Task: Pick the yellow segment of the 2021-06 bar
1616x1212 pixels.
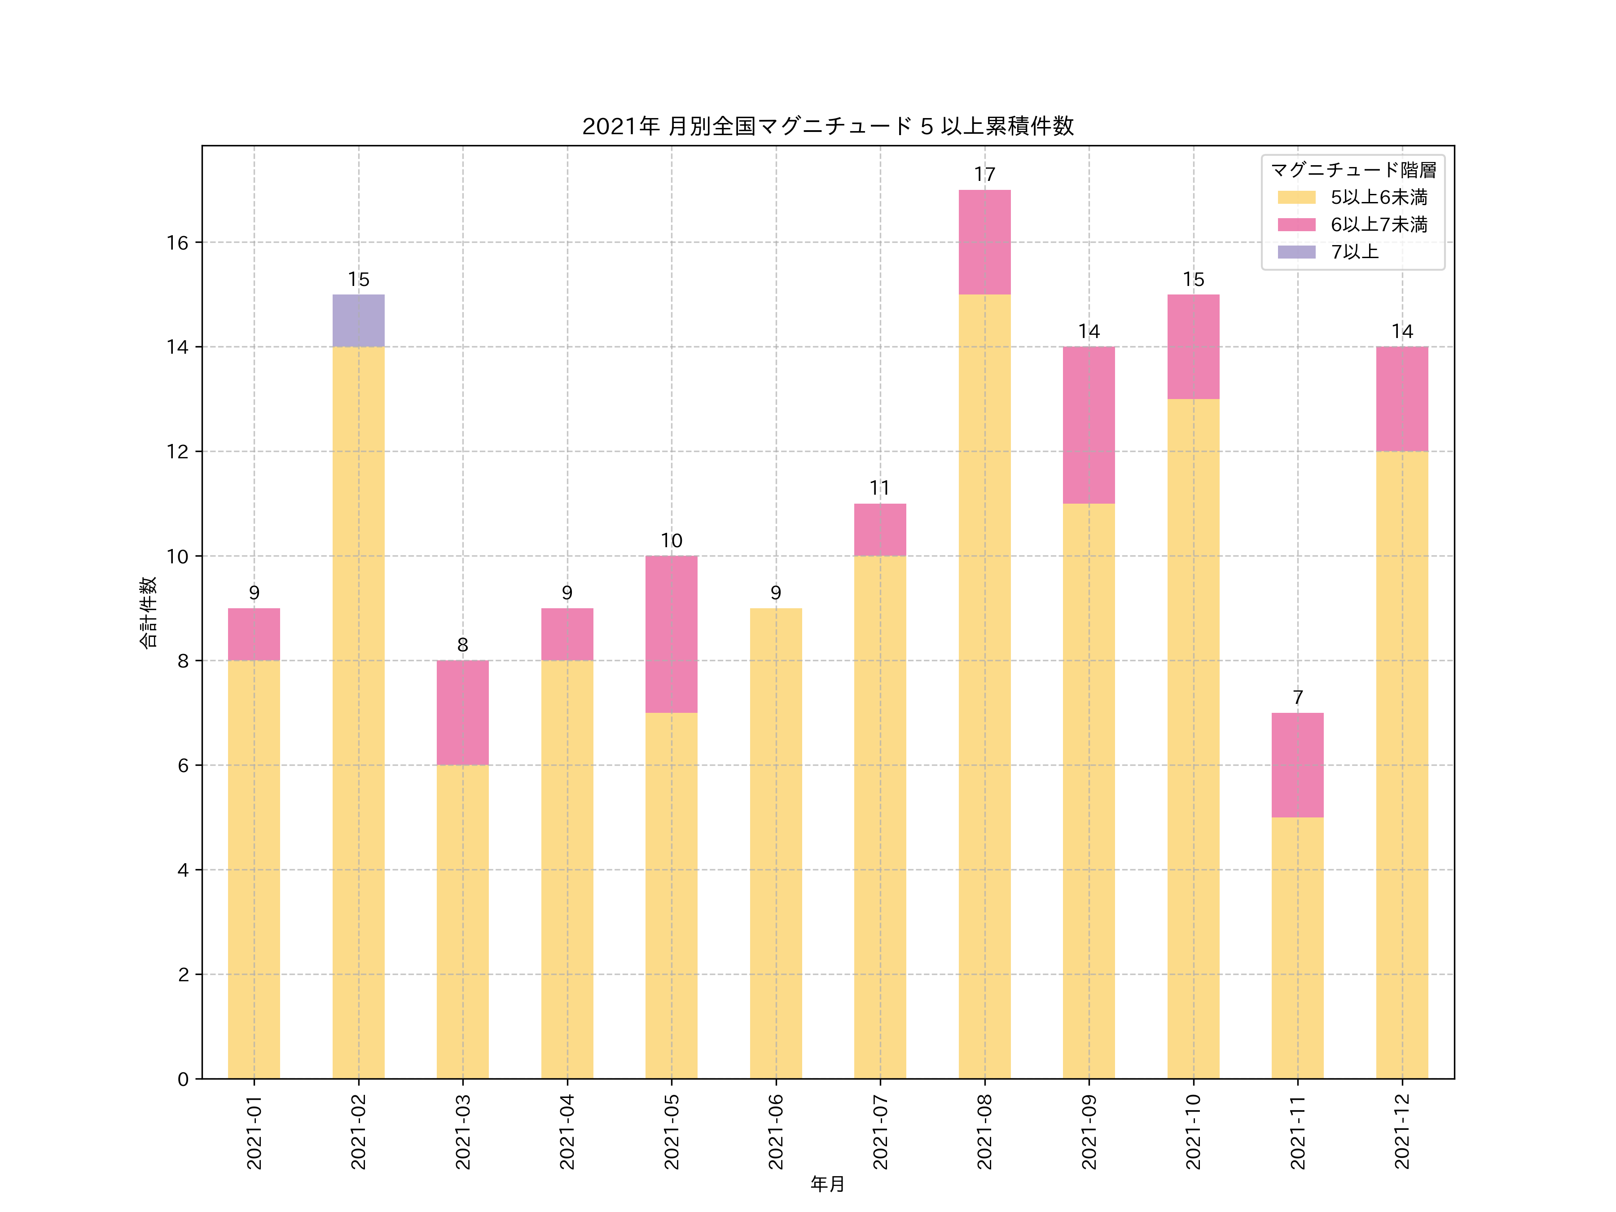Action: coord(775,843)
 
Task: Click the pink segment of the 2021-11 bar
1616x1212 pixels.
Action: coord(1297,765)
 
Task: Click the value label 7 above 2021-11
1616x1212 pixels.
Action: coord(1297,697)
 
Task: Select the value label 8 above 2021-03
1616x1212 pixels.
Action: coord(462,645)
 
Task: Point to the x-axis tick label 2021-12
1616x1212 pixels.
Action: coord(1401,1131)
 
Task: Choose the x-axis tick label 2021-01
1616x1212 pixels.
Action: coord(254,1131)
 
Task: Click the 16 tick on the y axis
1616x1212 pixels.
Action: coord(177,242)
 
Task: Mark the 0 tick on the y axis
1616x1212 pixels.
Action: coord(183,1079)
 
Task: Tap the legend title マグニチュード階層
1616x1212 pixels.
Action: coord(1353,170)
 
